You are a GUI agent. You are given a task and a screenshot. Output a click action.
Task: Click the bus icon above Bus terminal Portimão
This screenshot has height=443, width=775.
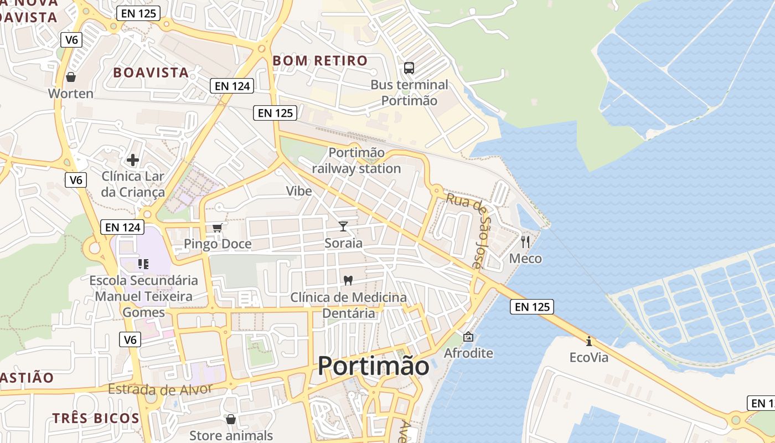click(409, 68)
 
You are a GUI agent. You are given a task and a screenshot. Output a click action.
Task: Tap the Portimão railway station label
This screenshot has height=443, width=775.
click(356, 161)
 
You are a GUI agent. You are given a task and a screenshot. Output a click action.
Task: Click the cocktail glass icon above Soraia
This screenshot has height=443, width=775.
click(343, 226)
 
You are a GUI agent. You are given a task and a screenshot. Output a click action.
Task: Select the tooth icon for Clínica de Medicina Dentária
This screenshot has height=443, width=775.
click(348, 280)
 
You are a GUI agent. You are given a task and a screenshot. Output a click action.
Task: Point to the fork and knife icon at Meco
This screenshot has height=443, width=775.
click(525, 241)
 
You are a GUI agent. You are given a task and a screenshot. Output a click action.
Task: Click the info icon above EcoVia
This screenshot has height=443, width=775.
click(588, 341)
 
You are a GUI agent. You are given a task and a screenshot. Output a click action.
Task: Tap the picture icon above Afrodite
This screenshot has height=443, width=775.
click(468, 336)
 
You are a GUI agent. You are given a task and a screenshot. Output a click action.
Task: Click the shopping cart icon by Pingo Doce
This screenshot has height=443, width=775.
click(218, 228)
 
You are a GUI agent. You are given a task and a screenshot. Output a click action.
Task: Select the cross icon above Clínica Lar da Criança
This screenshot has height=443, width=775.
click(133, 160)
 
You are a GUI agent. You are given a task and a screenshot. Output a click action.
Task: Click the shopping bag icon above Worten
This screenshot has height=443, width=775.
click(70, 77)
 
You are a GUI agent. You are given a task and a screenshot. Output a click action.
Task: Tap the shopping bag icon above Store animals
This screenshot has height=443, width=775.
click(230, 419)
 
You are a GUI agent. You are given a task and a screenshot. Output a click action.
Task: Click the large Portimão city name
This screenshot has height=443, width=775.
click(374, 366)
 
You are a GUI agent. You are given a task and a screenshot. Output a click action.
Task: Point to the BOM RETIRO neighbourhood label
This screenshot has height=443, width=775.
click(321, 60)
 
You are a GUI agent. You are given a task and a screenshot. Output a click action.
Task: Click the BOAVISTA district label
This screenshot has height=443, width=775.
click(151, 73)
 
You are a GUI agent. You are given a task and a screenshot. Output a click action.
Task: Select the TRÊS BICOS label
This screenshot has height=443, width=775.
click(96, 418)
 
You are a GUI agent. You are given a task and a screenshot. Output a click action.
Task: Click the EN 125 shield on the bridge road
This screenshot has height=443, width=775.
click(532, 307)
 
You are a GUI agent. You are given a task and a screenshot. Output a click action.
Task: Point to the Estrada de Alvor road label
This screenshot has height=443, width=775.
click(160, 389)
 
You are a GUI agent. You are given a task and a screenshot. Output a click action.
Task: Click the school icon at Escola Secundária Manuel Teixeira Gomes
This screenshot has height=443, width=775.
click(143, 264)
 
